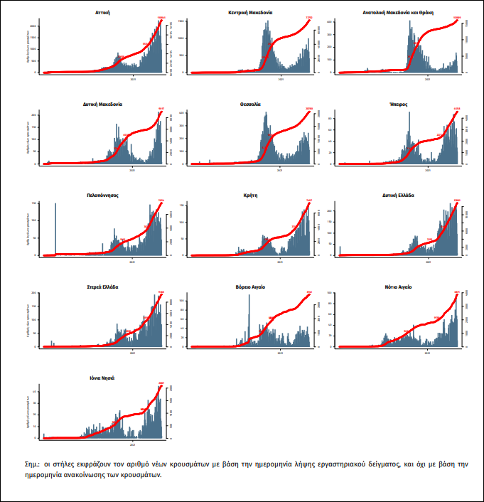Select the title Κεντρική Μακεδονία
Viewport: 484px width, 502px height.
250,13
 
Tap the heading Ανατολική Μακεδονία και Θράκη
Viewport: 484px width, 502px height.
398,13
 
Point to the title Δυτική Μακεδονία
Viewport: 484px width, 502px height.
102,104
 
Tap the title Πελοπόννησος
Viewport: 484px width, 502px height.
102,194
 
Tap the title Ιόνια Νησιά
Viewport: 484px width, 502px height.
103,378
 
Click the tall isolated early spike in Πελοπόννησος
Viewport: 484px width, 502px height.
55,228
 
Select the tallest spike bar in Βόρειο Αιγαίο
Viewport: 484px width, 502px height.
249,320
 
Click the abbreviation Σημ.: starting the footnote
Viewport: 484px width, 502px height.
32,464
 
